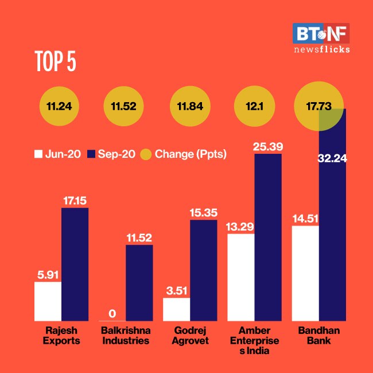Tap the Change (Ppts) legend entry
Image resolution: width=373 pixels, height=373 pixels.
(183, 154)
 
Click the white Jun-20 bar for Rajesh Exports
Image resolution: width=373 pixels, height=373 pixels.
(48, 301)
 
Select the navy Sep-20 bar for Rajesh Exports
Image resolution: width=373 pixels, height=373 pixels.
(75, 264)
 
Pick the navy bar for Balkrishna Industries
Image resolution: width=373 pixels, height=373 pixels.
(139, 282)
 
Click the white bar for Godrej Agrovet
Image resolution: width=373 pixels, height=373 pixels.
(177, 309)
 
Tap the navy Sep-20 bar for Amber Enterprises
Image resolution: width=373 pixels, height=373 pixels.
(268, 237)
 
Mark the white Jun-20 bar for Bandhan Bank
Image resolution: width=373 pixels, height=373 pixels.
(305, 273)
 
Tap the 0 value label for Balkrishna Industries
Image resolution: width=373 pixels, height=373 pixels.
(112, 313)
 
